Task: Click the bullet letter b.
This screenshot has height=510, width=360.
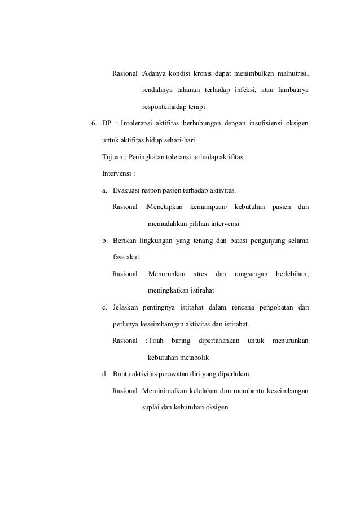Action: [104, 241]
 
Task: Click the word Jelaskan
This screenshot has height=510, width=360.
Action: [126, 307]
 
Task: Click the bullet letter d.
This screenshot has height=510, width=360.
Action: [104, 373]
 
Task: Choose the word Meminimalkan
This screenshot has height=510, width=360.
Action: [168, 390]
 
